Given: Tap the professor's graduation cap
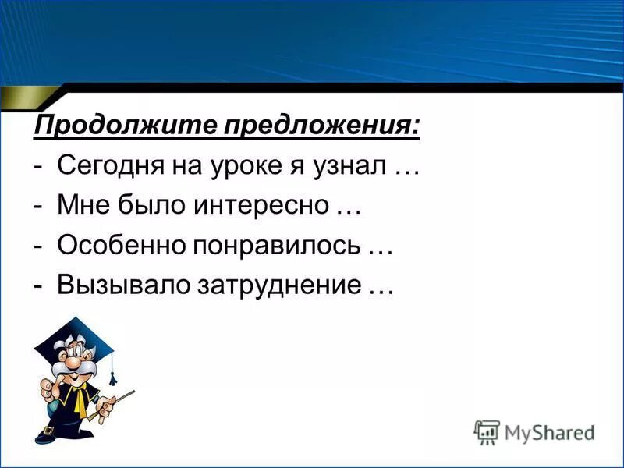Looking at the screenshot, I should (75, 331).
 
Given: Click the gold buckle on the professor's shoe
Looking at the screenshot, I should (48, 430).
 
